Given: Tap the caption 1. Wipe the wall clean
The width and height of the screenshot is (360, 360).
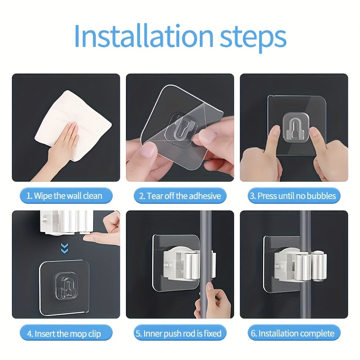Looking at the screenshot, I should [x=64, y=196].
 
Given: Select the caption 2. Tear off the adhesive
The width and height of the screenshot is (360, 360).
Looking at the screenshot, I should [x=180, y=196].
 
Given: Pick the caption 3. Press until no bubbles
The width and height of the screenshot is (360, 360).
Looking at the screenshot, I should [x=293, y=196].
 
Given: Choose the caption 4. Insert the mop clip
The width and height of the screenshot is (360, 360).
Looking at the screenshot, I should [x=64, y=333].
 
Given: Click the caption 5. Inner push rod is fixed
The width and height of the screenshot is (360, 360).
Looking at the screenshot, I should [x=180, y=333].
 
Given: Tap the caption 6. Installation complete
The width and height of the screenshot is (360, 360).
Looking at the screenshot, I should [x=293, y=333].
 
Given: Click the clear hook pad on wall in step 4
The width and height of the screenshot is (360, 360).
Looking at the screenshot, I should [x=64, y=286].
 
